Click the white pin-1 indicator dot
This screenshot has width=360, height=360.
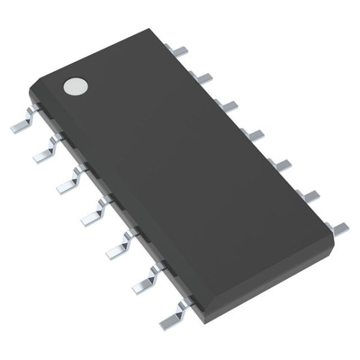[75, 86]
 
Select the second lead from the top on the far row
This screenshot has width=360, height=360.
[202, 77]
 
